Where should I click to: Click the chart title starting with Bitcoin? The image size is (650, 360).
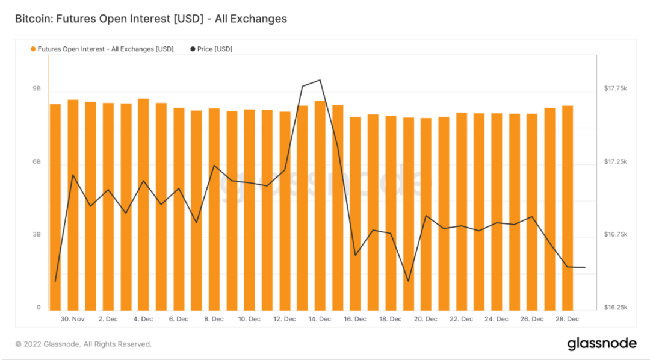click(151, 19)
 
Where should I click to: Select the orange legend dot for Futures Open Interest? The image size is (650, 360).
click(33, 49)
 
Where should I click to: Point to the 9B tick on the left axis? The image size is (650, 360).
click(37, 88)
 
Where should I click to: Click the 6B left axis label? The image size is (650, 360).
click(37, 162)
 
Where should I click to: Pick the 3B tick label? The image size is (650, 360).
click(37, 234)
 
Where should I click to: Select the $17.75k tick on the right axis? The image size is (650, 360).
click(616, 88)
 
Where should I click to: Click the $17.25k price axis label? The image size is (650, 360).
click(616, 162)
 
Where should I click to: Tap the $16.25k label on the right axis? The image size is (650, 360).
click(616, 307)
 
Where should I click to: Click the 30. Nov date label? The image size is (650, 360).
click(72, 319)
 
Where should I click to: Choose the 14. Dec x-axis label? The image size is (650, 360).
click(320, 319)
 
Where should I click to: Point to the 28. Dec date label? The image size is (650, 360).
click(567, 319)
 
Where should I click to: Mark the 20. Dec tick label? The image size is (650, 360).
click(426, 319)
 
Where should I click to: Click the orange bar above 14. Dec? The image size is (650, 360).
click(320, 205)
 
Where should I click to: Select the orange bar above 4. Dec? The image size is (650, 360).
click(143, 205)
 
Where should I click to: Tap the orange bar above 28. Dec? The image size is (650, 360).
click(567, 208)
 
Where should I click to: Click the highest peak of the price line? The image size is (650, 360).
click(320, 80)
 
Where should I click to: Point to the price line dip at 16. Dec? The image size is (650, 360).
click(355, 255)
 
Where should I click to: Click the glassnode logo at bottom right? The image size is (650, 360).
click(601, 344)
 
